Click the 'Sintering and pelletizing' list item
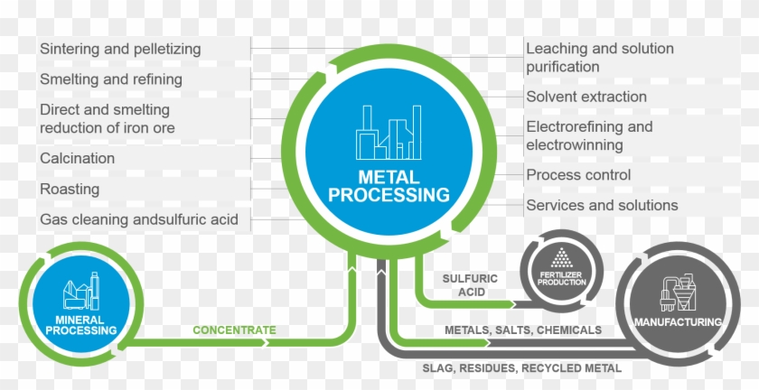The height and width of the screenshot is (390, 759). [x=120, y=49]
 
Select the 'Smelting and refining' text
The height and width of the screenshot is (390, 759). [x=111, y=79]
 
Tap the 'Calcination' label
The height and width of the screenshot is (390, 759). [x=78, y=158]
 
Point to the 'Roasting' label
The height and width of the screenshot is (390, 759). [x=70, y=190]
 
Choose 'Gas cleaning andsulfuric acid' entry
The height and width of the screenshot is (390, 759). [x=139, y=219]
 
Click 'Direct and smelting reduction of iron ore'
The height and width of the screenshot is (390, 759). [x=108, y=119]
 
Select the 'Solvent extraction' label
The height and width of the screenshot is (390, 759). [x=586, y=97]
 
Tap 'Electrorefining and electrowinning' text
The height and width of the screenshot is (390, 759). [x=589, y=135]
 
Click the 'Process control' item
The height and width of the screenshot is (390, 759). [x=578, y=174]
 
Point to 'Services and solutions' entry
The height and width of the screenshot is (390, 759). [x=602, y=205]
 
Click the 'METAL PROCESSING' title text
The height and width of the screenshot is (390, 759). [x=389, y=185]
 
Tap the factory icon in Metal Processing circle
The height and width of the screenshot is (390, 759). [x=390, y=134]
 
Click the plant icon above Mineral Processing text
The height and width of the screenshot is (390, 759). [x=80, y=292]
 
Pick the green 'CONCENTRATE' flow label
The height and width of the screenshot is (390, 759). [x=234, y=330]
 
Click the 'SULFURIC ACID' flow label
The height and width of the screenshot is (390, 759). [x=470, y=285]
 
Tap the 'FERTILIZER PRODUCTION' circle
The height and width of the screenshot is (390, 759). [x=561, y=271]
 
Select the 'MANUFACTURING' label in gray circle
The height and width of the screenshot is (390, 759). [x=678, y=322]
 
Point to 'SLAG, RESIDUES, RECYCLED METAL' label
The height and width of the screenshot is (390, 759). [x=521, y=368]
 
